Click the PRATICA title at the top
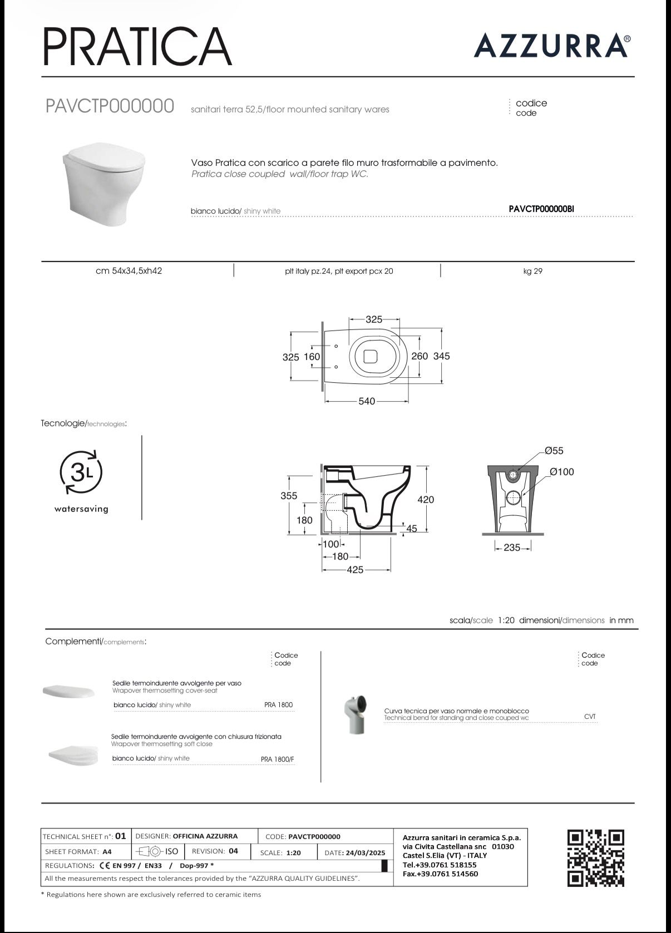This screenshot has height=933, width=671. tap(137, 46)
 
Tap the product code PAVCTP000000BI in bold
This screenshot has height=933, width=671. tap(541, 209)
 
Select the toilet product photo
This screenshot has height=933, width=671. tap(103, 182)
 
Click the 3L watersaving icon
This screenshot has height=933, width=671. tap(81, 473)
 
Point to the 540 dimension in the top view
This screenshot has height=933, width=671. tap(367, 401)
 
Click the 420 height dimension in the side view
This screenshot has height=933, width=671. tap(426, 500)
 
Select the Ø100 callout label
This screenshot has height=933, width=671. tap(562, 472)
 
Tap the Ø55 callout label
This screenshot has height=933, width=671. tap(554, 451)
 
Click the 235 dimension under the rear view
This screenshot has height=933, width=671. tap(512, 547)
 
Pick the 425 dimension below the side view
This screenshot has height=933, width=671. tap(355, 570)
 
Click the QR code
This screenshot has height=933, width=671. tap(595, 858)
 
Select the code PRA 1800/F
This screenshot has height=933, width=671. tap(277, 759)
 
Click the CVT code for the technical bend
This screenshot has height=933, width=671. tap(590, 717)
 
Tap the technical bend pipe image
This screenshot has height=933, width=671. tap(354, 714)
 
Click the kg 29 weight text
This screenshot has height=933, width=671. tap(532, 271)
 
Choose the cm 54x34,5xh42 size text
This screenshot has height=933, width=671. tap(129, 271)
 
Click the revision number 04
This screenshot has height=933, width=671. tap(233, 851)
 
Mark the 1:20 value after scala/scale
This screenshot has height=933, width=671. tap(506, 620)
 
